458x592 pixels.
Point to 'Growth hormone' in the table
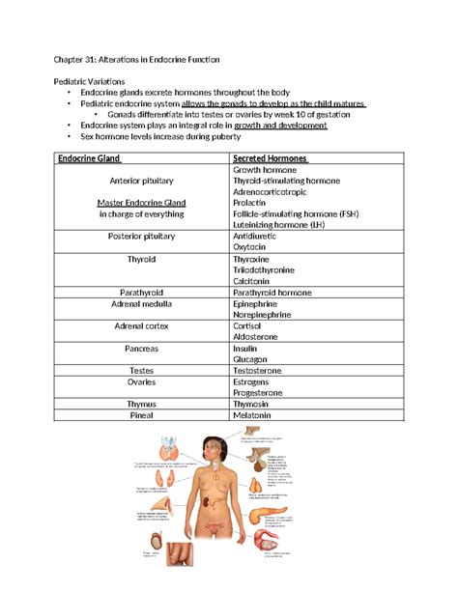tap(265, 169)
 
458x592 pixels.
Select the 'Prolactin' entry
tap(253, 204)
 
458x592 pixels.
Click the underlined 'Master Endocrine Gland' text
tap(141, 202)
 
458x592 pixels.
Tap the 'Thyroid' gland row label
tap(141, 260)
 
